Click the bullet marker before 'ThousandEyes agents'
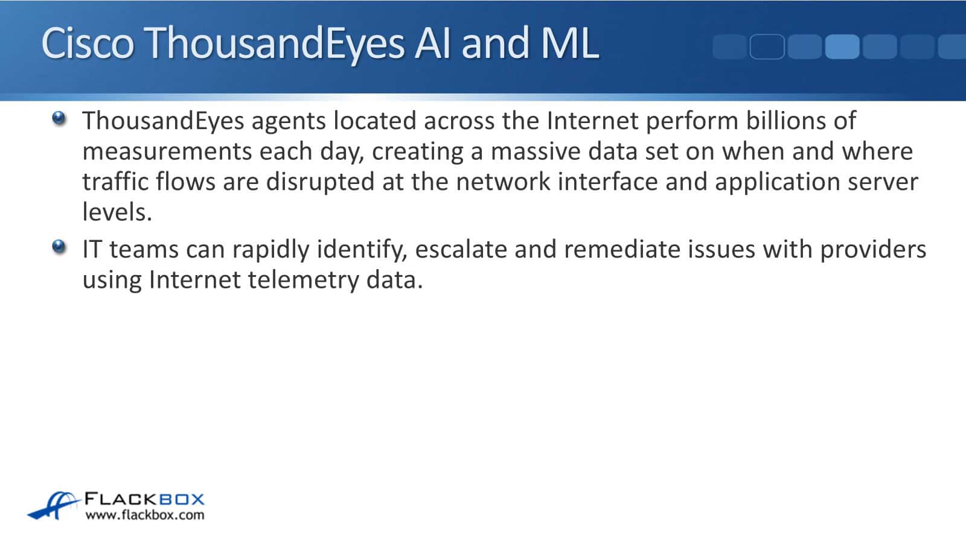[59, 118]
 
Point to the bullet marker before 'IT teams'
[59, 247]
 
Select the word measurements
[167, 151]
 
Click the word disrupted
[320, 182]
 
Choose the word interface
[607, 181]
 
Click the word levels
[117, 212]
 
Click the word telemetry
[303, 281]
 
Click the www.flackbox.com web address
[145, 515]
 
